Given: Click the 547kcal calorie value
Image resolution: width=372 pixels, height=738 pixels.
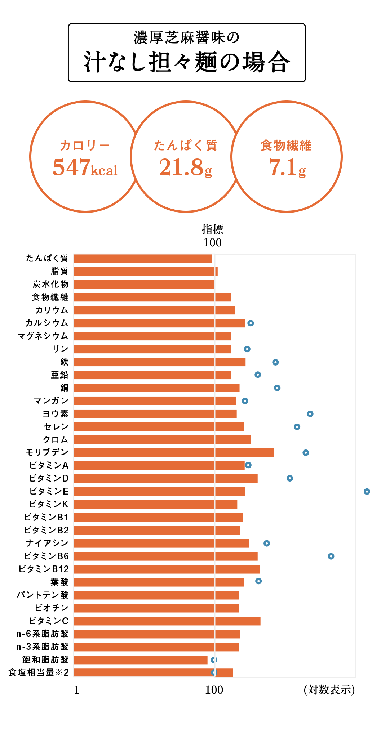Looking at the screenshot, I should click(85, 167).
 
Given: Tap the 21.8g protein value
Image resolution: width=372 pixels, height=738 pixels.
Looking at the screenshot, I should click(186, 167).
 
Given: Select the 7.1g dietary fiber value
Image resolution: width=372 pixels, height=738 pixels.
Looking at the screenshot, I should click(287, 167).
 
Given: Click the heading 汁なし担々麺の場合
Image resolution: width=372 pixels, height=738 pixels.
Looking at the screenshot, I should click(187, 62).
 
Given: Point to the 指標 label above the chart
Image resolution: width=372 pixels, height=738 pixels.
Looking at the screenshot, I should click(212, 229).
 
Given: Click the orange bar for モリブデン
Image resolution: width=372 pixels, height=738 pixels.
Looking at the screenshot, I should click(174, 453).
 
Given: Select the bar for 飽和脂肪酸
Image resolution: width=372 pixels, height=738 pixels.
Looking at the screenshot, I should click(141, 660).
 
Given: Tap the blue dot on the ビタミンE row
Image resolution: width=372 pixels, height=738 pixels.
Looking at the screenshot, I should click(367, 492).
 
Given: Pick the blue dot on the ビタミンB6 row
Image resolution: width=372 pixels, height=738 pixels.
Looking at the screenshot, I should click(331, 556).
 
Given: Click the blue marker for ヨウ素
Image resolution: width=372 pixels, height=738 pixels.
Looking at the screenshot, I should click(310, 414).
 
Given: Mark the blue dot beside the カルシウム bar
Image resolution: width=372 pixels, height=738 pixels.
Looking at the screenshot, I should click(251, 323).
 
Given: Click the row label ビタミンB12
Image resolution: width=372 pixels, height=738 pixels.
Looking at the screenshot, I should click(44, 569).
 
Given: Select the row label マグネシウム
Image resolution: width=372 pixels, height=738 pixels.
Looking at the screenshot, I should click(43, 336).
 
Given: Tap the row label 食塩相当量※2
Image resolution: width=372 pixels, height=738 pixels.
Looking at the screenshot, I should click(39, 672).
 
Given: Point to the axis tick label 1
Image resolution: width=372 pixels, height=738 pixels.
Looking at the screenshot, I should click(76, 690).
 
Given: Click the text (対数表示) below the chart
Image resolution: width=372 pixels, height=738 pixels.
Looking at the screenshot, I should click(329, 690).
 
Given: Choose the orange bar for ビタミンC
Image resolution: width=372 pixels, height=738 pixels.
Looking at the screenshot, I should click(167, 621).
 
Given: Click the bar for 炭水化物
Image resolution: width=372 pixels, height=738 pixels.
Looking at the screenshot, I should click(144, 284).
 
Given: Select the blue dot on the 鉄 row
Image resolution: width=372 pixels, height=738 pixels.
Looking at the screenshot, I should click(275, 362).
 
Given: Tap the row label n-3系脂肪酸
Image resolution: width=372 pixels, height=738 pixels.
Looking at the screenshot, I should click(42, 647).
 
